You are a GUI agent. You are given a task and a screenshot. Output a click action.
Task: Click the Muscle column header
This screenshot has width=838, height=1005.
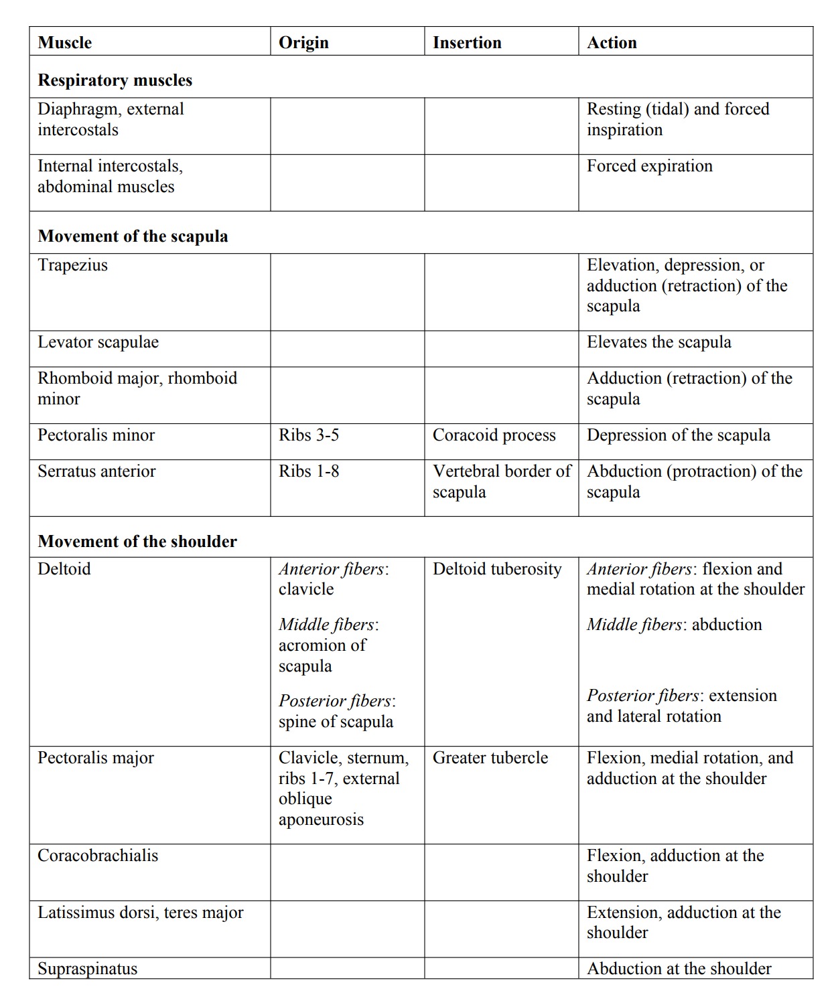tap(65, 43)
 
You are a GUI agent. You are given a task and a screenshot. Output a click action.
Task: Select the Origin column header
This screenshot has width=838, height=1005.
tap(303, 43)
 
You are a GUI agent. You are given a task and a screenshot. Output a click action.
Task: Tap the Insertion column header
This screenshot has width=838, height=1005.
tap(467, 43)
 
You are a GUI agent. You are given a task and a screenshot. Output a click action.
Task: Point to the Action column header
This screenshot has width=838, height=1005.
tap(612, 43)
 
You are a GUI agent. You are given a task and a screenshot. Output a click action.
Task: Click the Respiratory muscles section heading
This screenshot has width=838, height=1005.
tap(115, 80)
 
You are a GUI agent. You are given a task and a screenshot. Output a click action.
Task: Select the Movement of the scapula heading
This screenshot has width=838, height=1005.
tap(133, 236)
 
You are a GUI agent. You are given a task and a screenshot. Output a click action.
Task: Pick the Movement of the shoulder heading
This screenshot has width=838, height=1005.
tap(137, 542)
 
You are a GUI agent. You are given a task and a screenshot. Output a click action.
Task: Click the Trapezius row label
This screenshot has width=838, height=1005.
tap(72, 265)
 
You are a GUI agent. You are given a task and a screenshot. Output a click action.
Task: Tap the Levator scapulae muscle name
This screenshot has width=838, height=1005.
tap(98, 342)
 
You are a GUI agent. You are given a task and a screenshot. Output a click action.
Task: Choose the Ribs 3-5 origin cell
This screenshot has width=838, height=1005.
tap(309, 435)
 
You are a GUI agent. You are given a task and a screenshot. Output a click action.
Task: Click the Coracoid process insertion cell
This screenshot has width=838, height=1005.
tap(494, 435)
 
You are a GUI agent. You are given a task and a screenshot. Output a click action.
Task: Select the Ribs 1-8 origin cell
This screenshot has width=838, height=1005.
tap(309, 471)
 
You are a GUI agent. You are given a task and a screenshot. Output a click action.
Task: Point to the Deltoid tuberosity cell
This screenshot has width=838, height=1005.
tap(497, 569)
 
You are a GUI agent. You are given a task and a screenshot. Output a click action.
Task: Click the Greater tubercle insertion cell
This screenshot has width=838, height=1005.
tap(490, 758)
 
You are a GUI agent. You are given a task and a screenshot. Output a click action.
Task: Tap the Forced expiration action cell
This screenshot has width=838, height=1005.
tap(649, 166)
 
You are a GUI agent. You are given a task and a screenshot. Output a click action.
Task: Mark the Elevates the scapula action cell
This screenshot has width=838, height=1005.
tap(658, 342)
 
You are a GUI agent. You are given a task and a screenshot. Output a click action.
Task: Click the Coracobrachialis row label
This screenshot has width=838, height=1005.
tap(98, 856)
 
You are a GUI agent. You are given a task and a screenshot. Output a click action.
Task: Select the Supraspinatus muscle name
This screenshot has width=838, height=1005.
tap(87, 969)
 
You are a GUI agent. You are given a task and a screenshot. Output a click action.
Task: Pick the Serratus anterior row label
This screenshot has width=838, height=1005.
tap(96, 471)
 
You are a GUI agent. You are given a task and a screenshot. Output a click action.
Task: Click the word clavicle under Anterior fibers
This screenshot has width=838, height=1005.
tap(306, 589)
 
